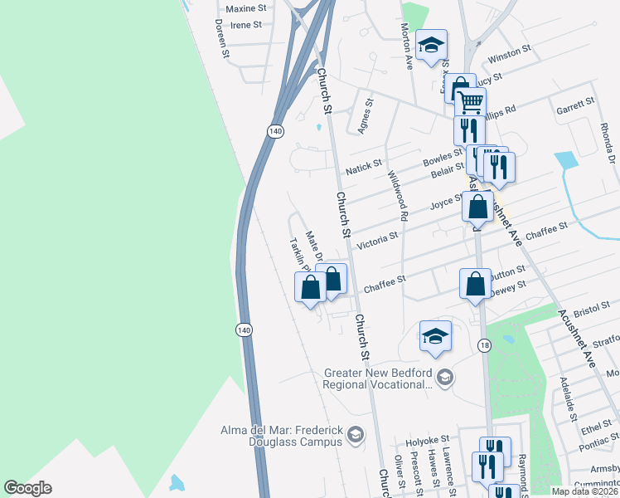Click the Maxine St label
[x=245, y=8]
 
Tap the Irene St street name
[x=246, y=25]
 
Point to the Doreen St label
[x=220, y=39]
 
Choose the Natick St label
[x=364, y=168]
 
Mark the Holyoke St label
[x=431, y=438]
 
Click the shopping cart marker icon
[x=470, y=102]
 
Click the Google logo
[x=27, y=488]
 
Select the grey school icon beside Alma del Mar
[x=355, y=433]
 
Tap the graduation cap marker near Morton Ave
[x=431, y=46]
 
